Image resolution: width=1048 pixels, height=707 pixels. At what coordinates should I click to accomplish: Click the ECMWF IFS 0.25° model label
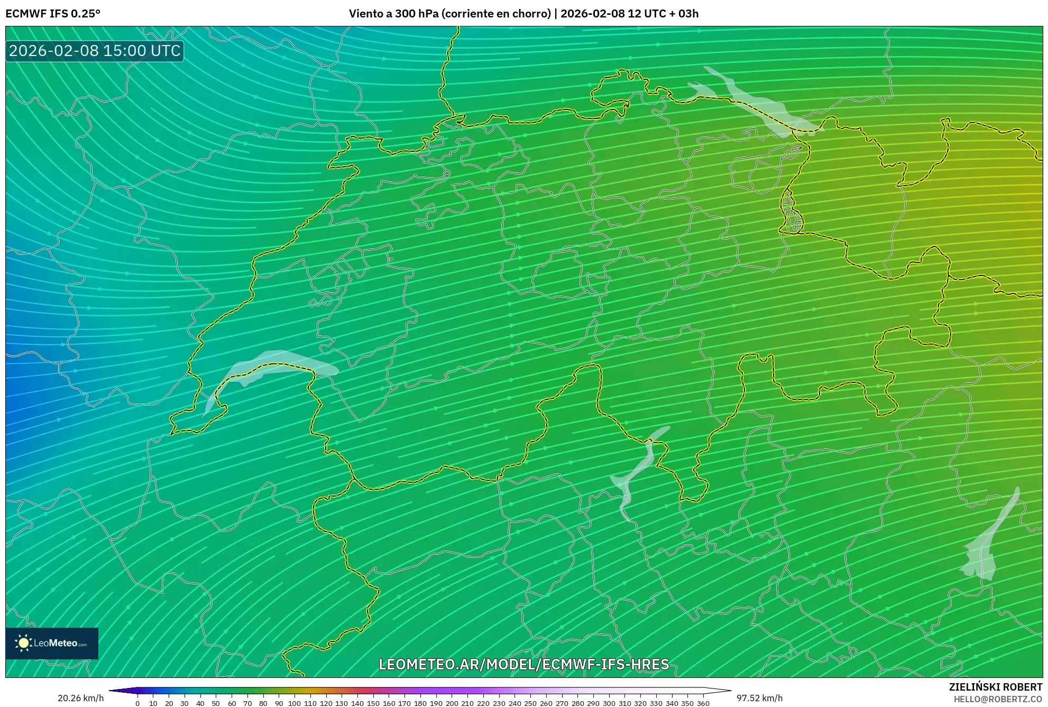(53, 13)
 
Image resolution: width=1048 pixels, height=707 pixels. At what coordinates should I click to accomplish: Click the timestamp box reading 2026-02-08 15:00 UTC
(95, 51)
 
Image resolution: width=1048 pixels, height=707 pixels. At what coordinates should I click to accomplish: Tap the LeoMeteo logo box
(52, 643)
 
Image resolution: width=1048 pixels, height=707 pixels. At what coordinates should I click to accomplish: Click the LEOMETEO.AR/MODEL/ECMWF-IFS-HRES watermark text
(524, 664)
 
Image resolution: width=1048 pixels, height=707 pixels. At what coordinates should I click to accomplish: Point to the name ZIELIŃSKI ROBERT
(995, 687)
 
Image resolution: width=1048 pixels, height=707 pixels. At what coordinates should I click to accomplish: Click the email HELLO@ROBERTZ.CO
(998, 699)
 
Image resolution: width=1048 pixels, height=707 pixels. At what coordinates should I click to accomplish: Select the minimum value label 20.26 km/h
(80, 698)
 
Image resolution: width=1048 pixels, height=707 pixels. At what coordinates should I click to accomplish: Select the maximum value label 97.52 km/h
(759, 698)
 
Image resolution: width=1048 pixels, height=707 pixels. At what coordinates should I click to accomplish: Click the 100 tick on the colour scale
(295, 703)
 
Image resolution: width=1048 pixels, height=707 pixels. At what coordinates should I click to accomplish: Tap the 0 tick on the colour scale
(137, 703)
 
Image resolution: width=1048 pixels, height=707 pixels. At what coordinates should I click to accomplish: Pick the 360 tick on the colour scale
(703, 703)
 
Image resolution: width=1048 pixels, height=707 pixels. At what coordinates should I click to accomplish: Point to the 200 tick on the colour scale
(452, 703)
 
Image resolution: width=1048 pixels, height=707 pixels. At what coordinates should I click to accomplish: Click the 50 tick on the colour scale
(216, 703)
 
